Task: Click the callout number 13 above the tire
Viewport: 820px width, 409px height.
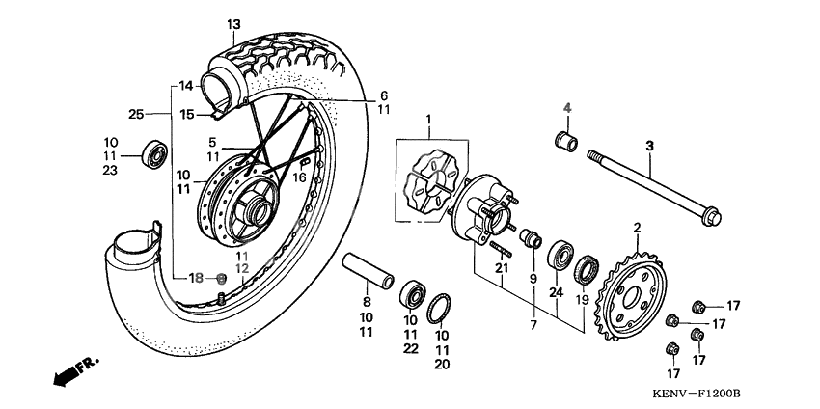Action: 233,23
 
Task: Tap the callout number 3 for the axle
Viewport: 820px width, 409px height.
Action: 649,146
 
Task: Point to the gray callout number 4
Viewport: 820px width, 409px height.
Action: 568,108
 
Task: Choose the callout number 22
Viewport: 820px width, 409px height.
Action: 411,349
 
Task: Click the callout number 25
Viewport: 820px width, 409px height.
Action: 135,114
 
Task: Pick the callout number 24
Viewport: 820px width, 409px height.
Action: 556,292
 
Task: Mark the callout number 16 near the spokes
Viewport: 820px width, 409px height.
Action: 300,178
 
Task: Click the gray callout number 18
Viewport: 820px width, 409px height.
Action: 195,278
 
